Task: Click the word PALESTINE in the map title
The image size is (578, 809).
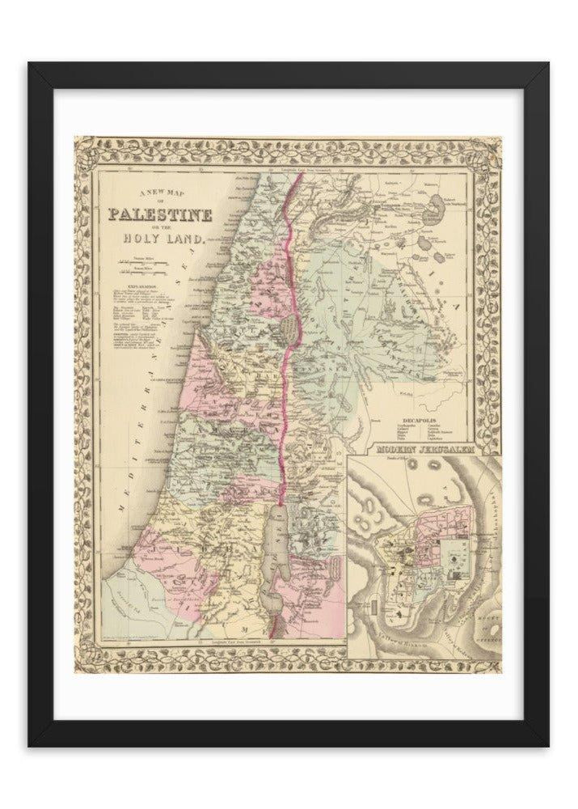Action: coord(162,216)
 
